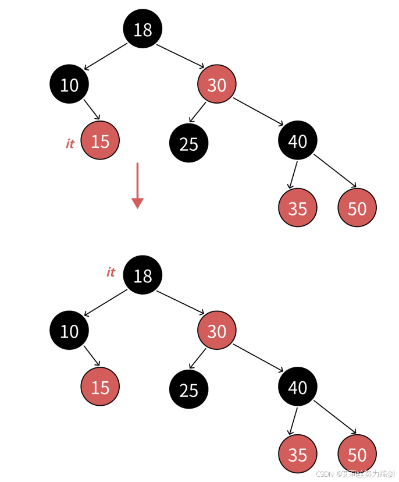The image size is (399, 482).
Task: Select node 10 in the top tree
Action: pyautogui.click(x=69, y=84)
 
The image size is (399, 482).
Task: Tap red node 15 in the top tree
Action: pyautogui.click(x=100, y=140)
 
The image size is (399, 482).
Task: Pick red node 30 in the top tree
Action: pyautogui.click(x=216, y=84)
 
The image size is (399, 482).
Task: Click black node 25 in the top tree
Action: pyautogui.click(x=188, y=143)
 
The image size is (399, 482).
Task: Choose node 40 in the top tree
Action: pyautogui.click(x=297, y=140)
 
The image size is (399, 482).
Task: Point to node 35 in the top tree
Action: pyautogui.click(x=297, y=208)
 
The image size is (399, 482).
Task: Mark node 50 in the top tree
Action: pyautogui.click(x=357, y=208)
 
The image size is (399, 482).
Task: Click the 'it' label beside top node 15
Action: pyautogui.click(x=70, y=144)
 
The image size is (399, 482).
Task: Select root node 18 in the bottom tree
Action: pyautogui.click(x=142, y=275)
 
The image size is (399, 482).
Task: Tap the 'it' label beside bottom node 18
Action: pyautogui.click(x=111, y=272)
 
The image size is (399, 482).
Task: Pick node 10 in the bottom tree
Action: pyautogui.click(x=69, y=331)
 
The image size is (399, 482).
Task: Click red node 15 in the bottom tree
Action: pyautogui.click(x=100, y=387)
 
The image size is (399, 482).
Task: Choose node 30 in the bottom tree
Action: pyautogui.click(x=216, y=331)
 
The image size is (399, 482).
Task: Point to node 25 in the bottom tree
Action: pyautogui.click(x=188, y=389)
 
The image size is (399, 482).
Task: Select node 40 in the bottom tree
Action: pyautogui.click(x=297, y=387)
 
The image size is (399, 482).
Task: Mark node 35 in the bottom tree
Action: pyautogui.click(x=297, y=454)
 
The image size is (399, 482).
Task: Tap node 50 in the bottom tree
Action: pyautogui.click(x=357, y=454)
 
